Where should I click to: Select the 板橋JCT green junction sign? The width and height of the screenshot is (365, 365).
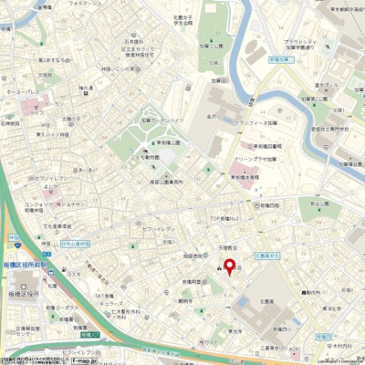click(x=89, y=336)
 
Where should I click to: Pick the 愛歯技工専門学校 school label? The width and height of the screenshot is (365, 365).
click(x=333, y=130)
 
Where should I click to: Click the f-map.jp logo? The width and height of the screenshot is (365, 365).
click(x=84, y=360)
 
